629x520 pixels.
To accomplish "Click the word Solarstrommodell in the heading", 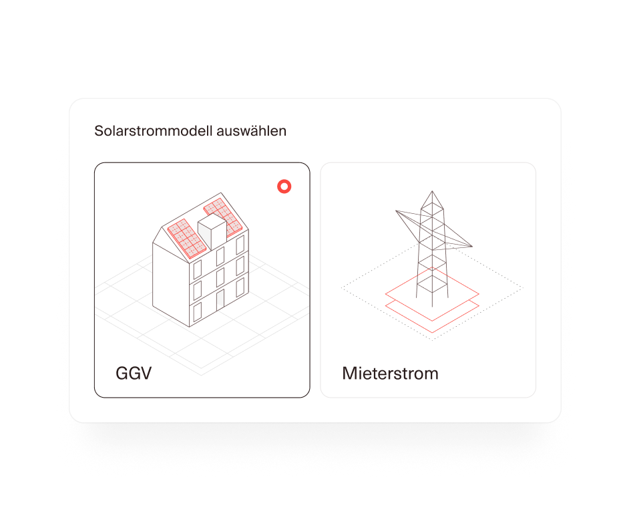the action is [x=154, y=131].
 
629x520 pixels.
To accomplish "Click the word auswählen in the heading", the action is [x=252, y=131].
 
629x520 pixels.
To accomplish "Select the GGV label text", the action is [x=134, y=373].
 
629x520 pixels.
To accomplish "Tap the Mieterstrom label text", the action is [x=390, y=374].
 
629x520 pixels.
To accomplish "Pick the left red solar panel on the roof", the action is [x=187, y=238].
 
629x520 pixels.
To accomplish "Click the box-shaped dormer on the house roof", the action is [x=212, y=232].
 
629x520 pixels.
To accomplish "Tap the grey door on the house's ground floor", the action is [x=220, y=300].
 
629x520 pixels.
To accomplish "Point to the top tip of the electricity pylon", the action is [x=432, y=191].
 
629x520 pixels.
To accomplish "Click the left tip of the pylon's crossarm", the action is [x=396, y=211].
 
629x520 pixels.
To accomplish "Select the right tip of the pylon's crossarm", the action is [x=472, y=246].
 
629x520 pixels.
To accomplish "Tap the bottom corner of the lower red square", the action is [x=432, y=332].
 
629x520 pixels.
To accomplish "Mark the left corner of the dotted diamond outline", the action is [x=341, y=287].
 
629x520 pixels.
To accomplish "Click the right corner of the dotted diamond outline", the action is [x=523, y=287].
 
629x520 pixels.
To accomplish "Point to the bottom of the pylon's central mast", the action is [x=432, y=307].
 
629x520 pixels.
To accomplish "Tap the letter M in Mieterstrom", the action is [x=349, y=373].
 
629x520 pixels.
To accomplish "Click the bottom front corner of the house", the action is [x=190, y=326].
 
